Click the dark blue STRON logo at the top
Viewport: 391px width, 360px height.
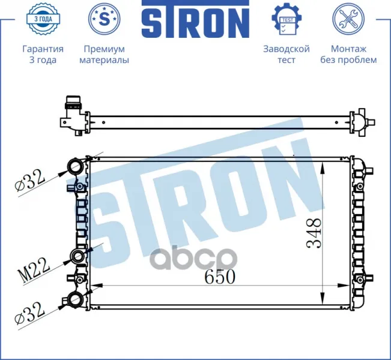point(196,19)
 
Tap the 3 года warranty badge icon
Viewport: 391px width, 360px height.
point(43,19)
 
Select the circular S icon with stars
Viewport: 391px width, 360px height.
point(105,19)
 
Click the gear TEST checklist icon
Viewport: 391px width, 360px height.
point(286,19)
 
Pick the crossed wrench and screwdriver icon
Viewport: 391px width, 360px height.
point(348,19)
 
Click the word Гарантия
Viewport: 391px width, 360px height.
point(43,49)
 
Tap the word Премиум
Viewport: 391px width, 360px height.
point(105,49)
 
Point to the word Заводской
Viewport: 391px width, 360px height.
point(286,49)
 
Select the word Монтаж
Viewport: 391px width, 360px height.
point(348,49)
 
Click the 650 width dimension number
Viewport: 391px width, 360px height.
point(220,277)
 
